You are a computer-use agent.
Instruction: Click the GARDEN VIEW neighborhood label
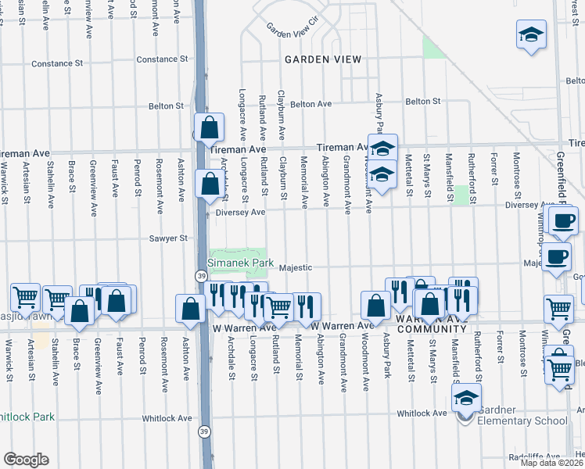tap(323, 59)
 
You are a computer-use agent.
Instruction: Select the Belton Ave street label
tap(311, 103)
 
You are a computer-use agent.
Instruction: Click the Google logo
tap(26, 459)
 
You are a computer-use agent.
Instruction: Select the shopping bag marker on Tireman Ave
tap(210, 127)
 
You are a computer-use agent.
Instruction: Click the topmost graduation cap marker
tap(531, 35)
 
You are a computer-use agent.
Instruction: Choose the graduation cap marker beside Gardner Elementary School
tap(465, 399)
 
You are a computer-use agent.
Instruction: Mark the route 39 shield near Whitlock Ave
tap(204, 430)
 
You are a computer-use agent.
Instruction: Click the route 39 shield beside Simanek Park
tap(201, 275)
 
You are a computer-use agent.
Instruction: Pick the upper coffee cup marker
tap(562, 220)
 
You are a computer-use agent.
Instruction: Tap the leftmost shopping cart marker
tap(26, 297)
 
